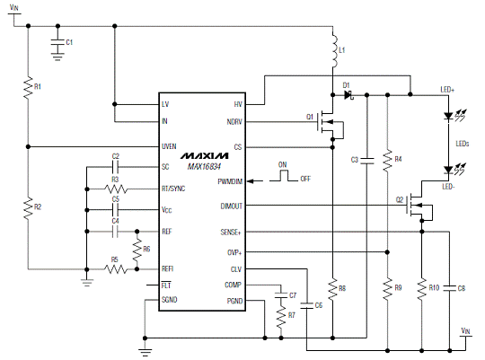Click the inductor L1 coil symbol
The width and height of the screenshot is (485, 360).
coord(334,50)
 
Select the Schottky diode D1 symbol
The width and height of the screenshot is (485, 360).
coord(348,95)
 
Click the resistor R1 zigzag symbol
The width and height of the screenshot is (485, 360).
coord(28,87)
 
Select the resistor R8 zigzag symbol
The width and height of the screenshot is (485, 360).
coord(332,289)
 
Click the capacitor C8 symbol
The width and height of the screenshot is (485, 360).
coord(450,288)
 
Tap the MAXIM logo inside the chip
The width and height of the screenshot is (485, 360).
coord(205,155)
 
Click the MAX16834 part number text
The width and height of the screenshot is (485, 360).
coord(204,167)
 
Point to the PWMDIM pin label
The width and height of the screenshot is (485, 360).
coord(230,181)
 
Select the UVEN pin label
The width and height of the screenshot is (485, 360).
coord(169,146)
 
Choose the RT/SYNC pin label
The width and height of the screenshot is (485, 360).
coord(173,189)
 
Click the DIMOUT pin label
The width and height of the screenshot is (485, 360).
coord(232,206)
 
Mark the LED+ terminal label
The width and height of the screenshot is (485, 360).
coord(447,90)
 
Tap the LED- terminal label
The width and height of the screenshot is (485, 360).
coord(448,187)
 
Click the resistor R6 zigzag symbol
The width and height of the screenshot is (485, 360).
coord(137,250)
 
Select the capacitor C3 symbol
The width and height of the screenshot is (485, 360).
coord(366,160)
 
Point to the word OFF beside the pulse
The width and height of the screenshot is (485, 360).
coord(305,179)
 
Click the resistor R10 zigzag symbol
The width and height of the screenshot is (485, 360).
coord(421,289)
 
